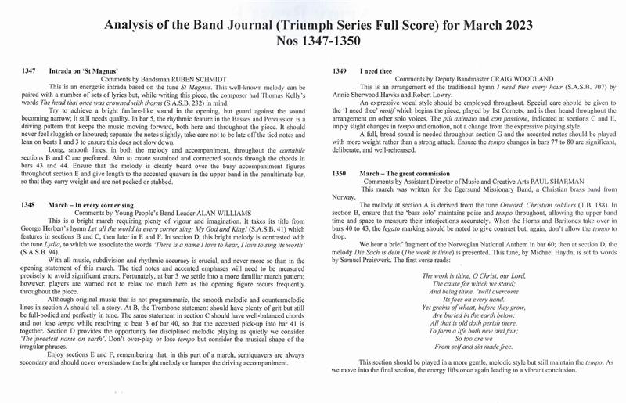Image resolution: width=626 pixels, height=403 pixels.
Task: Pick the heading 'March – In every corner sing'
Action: pos(104,202)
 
